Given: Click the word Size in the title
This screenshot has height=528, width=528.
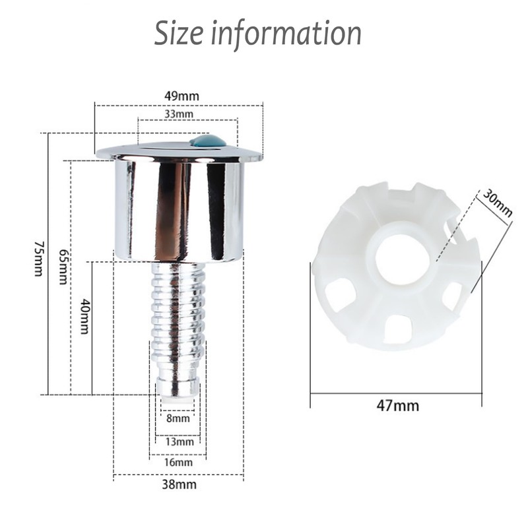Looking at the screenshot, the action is [x=178, y=33].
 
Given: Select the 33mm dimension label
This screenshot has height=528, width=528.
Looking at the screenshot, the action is [x=179, y=114].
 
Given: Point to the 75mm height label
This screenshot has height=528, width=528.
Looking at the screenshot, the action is [x=39, y=258].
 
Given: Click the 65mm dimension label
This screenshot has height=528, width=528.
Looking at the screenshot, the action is [x=63, y=267].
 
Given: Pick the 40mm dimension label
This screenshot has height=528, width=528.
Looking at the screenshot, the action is [x=84, y=316].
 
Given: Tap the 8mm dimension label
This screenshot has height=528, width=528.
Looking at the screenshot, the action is [x=178, y=418].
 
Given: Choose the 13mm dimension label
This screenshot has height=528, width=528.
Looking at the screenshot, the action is [x=180, y=442].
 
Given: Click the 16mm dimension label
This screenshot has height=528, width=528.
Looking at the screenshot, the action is [x=178, y=462].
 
